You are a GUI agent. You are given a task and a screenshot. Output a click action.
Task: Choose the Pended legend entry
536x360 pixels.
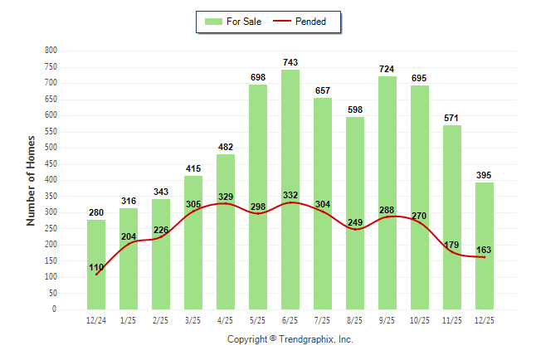click(299, 22)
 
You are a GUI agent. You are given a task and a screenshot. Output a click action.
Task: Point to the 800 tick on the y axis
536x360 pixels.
click(51, 51)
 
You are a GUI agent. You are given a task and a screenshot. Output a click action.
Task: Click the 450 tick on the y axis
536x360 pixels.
click(51, 163)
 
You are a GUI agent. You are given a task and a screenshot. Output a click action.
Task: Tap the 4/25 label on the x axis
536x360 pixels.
click(226, 320)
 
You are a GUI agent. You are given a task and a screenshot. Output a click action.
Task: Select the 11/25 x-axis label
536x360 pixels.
click(452, 320)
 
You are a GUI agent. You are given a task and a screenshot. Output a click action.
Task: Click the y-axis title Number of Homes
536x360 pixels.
click(32, 179)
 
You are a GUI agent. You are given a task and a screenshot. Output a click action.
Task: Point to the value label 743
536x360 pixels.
click(290, 62)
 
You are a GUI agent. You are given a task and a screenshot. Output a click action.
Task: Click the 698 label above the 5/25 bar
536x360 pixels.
click(258, 77)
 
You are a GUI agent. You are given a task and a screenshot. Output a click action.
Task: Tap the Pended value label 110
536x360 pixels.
click(96, 266)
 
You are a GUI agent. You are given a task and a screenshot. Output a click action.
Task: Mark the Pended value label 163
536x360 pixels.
click(485, 249)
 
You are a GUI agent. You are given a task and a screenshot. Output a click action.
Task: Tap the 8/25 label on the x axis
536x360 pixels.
click(355, 320)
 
